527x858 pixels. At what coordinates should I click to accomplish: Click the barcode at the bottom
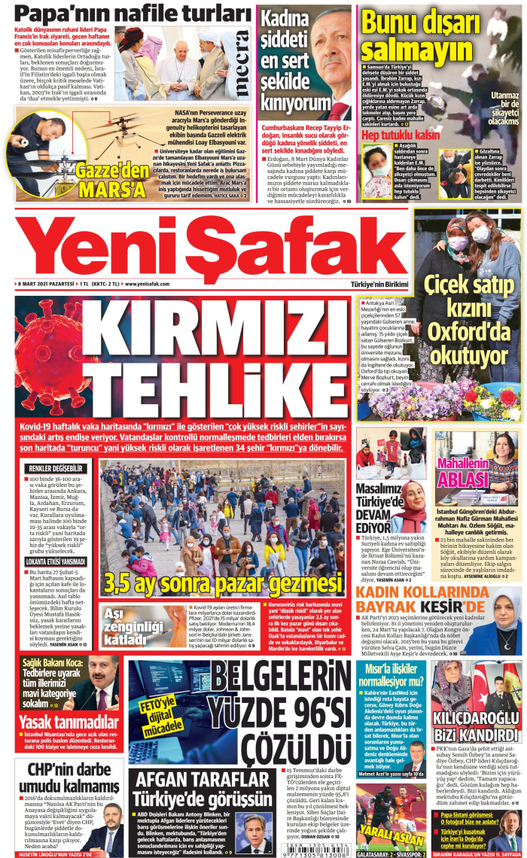point(317,837)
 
